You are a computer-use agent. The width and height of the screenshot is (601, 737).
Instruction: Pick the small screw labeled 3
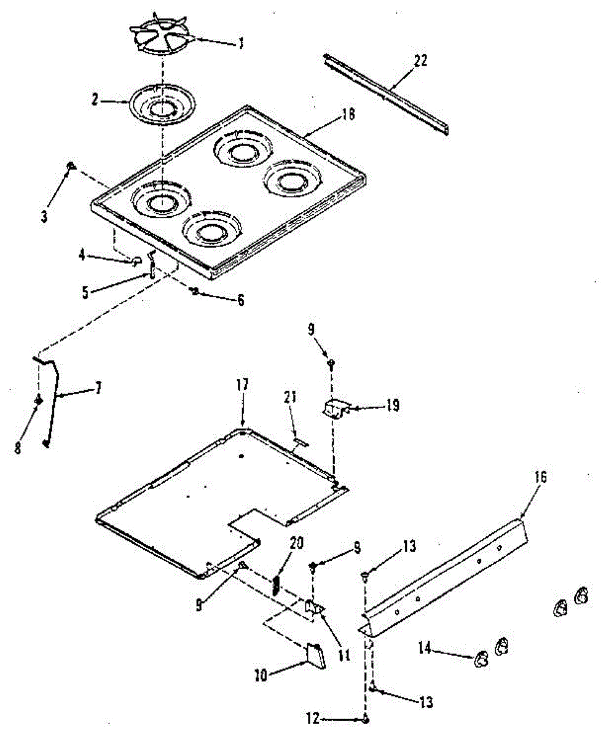point(71,165)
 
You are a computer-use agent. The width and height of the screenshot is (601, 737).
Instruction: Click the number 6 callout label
point(240,300)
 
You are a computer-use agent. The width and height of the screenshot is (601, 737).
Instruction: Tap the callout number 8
point(18,449)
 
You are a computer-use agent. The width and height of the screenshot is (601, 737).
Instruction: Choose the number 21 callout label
point(290,397)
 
